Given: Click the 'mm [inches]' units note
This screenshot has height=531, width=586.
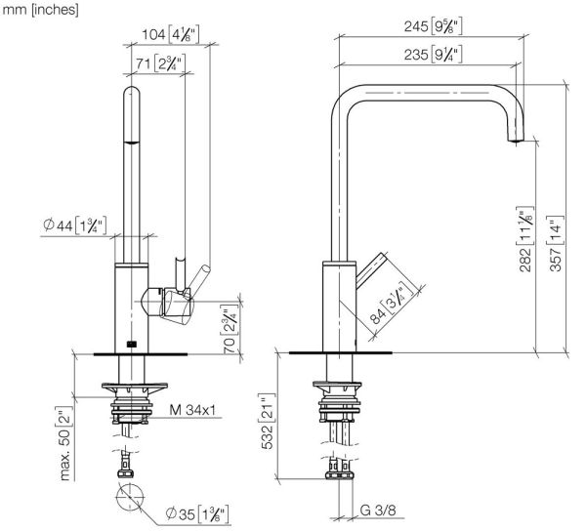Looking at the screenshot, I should (39, 11).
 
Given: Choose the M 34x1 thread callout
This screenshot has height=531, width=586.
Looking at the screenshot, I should (193, 407).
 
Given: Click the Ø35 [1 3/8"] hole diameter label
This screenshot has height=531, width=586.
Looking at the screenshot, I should (198, 513).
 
